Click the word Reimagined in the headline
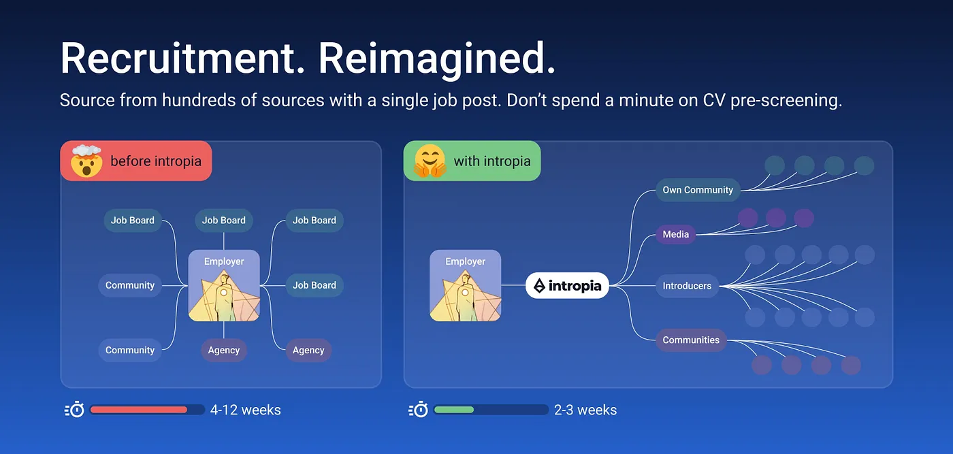[437, 59]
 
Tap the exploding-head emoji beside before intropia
[86, 161]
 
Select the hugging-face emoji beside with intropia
[429, 161]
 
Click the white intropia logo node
[567, 286]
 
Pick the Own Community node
[698, 190]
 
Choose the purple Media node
[676, 234]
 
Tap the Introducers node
[687, 286]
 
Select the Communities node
[691, 340]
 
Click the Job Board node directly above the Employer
[224, 220]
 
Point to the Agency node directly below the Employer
[224, 350]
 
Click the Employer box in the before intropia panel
[224, 286]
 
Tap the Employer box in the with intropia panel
[466, 286]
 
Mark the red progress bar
[139, 410]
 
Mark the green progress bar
[454, 410]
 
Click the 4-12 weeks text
[246, 410]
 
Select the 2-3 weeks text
[585, 410]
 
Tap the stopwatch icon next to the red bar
[75, 410]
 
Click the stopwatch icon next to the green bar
[418, 410]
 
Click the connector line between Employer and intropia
[513, 285]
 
